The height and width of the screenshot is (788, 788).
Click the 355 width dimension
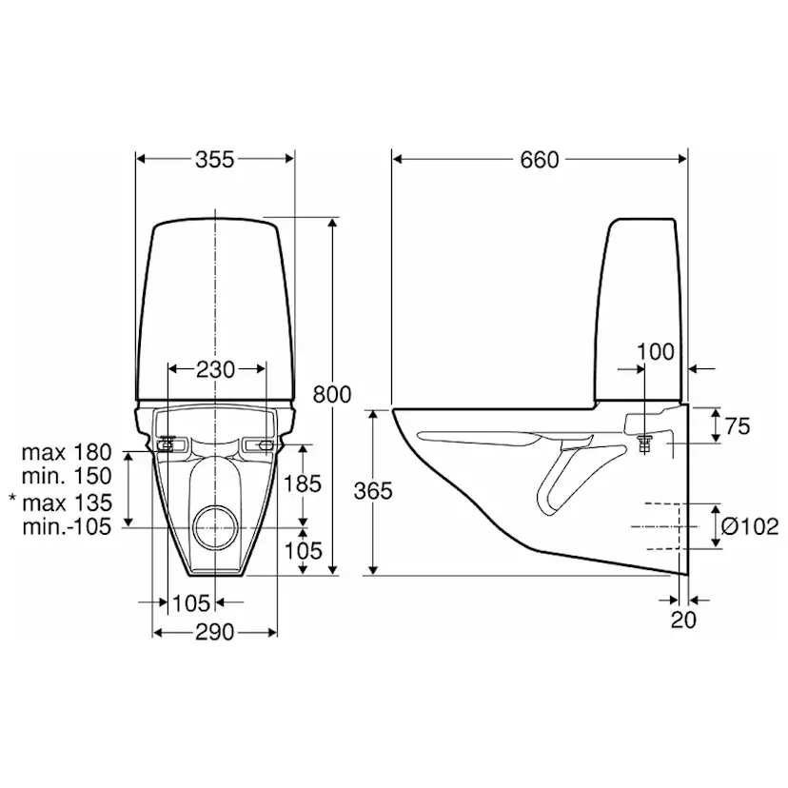(214, 159)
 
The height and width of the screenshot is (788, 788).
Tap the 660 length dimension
(540, 160)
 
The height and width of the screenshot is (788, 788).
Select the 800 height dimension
(332, 395)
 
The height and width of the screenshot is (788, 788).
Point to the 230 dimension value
(215, 370)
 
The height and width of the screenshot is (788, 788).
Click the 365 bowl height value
(373, 491)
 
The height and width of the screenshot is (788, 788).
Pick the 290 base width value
(214, 632)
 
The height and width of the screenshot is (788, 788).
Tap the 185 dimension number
(303, 484)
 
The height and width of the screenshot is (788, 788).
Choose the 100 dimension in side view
(656, 352)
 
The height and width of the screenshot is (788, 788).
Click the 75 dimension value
(738, 426)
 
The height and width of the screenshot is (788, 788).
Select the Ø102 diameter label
(750, 526)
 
